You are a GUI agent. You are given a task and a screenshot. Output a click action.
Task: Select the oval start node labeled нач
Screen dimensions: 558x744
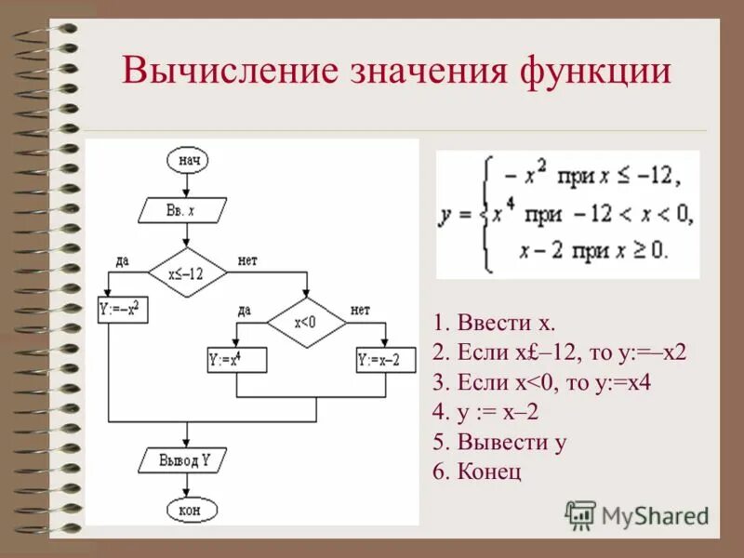[187, 160]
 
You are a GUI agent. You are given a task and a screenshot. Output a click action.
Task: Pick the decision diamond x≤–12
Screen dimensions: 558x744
[187, 273]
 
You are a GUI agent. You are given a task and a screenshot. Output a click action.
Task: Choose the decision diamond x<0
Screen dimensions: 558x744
[306, 323]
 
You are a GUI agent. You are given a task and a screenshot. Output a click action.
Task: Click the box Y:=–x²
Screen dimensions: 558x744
[124, 307]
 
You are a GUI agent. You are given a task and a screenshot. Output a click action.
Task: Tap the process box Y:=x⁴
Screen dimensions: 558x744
[236, 359]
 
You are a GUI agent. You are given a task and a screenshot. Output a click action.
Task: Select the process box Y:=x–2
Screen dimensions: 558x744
[385, 359]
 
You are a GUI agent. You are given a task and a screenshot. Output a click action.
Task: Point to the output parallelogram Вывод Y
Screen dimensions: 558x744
[188, 459]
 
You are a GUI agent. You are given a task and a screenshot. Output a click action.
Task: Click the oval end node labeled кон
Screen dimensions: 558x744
[193, 509]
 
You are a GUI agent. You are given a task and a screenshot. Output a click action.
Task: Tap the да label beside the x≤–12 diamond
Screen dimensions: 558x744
[122, 260]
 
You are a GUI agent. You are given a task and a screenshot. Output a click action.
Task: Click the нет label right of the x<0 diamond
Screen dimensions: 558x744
[360, 310]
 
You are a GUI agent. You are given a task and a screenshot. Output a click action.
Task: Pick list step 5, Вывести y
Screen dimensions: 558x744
[499, 442]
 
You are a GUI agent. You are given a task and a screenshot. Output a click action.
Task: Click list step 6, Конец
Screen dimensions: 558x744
[477, 472]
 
